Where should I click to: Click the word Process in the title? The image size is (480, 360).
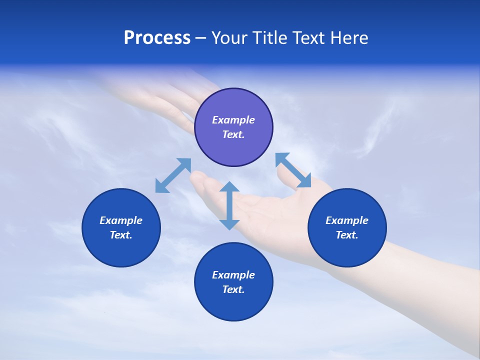(x=157, y=38)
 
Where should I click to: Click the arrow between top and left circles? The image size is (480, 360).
(x=173, y=175)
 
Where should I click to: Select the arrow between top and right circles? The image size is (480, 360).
(x=293, y=170)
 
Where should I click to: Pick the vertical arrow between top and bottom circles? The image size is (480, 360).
(x=229, y=205)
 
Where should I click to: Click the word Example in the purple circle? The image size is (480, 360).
(x=233, y=120)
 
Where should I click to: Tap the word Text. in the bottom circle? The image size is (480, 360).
(x=233, y=289)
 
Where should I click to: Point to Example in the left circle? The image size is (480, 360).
(x=121, y=220)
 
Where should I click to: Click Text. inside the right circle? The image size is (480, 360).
(x=347, y=235)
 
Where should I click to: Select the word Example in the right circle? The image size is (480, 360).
(x=347, y=220)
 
